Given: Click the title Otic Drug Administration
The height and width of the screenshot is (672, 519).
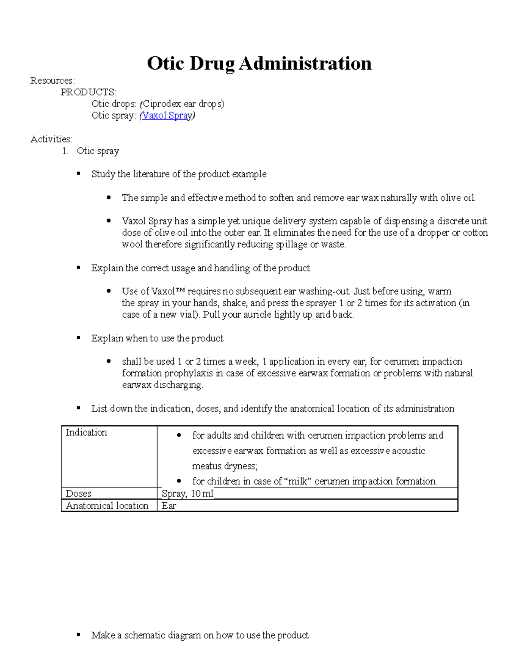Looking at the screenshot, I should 259,64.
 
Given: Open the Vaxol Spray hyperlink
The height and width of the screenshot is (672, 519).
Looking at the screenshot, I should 167,116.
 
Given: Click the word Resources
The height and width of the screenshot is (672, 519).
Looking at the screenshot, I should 52,80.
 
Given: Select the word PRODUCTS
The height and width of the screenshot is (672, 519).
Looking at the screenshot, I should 88,92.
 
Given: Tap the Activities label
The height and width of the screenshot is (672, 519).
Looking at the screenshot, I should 51,139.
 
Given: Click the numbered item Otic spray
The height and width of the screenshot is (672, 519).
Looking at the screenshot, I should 98,151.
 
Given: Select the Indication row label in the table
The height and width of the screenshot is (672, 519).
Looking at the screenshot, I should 86,433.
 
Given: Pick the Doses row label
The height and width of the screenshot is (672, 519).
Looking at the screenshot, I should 78,494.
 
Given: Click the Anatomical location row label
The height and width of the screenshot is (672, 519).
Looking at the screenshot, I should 107,506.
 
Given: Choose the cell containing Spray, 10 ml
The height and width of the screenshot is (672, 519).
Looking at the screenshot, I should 187,494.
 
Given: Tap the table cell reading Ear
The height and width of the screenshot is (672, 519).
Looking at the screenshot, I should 169,506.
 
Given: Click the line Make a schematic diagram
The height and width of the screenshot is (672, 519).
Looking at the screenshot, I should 200,635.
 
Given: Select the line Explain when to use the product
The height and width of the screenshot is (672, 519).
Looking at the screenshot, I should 157,338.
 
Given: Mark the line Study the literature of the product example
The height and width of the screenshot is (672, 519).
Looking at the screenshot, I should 179,174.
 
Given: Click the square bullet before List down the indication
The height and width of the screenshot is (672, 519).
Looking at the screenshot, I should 79,408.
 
